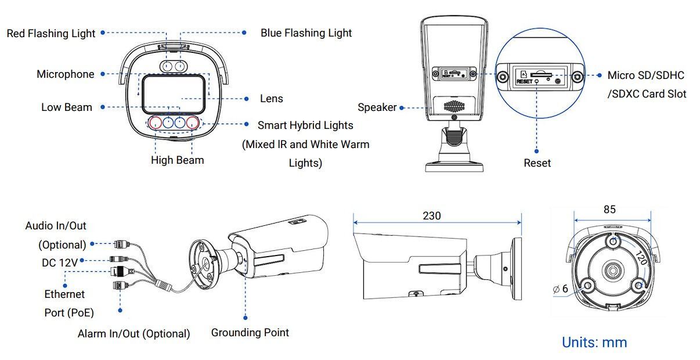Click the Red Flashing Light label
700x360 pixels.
click(51, 34)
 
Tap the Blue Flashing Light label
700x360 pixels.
click(306, 33)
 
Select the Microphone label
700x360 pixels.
click(65, 74)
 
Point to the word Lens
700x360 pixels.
click(271, 99)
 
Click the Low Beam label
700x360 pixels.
click(66, 107)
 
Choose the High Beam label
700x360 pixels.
click(177, 160)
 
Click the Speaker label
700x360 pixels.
click(377, 107)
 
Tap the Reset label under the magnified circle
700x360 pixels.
click(537, 163)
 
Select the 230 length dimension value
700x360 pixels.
click(431, 216)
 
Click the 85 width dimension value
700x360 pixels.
click(609, 210)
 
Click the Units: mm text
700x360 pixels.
click(594, 343)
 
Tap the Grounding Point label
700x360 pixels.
click(250, 333)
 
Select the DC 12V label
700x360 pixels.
click(59, 262)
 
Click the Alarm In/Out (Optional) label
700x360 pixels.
click(133, 334)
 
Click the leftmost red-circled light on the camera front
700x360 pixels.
click(156, 123)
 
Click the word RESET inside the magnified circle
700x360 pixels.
click(524, 82)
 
